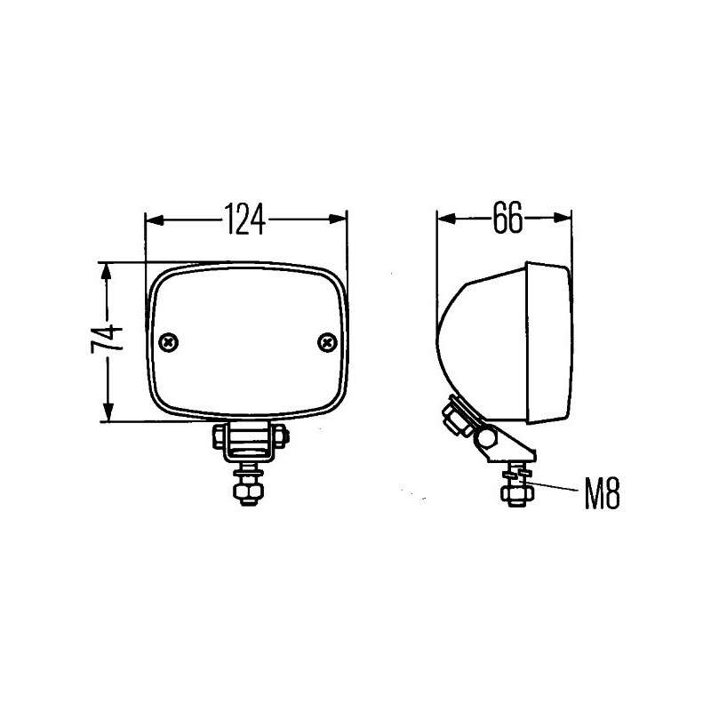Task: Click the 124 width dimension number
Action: [x=245, y=219]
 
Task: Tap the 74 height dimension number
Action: [x=107, y=339]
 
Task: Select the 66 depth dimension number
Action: [x=507, y=218]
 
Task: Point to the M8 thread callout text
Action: [x=602, y=494]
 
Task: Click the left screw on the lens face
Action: [x=169, y=342]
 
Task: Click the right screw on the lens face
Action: [x=327, y=342]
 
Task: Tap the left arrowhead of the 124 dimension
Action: [x=155, y=220]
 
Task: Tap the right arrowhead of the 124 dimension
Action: [x=338, y=219]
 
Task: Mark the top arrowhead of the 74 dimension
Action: [x=107, y=272]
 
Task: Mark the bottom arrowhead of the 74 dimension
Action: [x=108, y=412]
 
